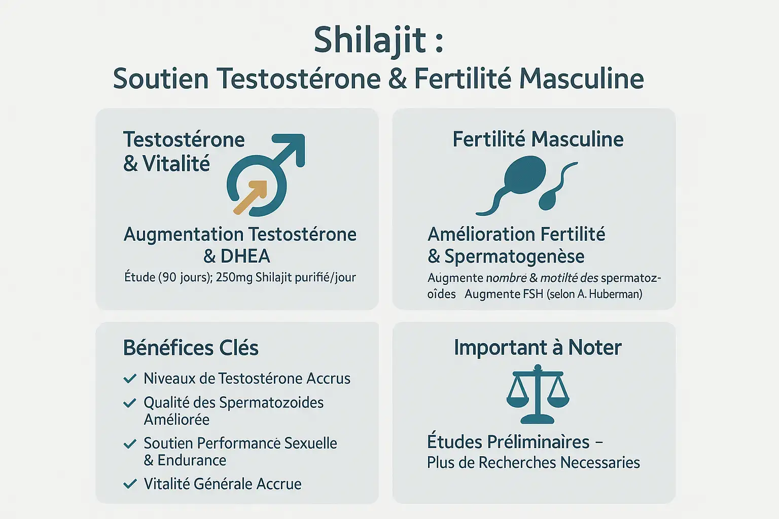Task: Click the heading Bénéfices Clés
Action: [191, 348]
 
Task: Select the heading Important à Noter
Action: [538, 348]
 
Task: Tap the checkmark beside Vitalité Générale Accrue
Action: [130, 484]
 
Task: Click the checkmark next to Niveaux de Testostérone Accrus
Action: [130, 378]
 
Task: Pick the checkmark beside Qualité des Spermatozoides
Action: [130, 403]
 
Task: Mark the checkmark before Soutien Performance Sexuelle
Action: [130, 444]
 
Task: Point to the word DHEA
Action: [245, 256]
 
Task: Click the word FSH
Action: [533, 294]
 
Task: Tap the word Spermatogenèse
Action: [514, 256]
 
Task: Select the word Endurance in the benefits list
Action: [192, 460]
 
